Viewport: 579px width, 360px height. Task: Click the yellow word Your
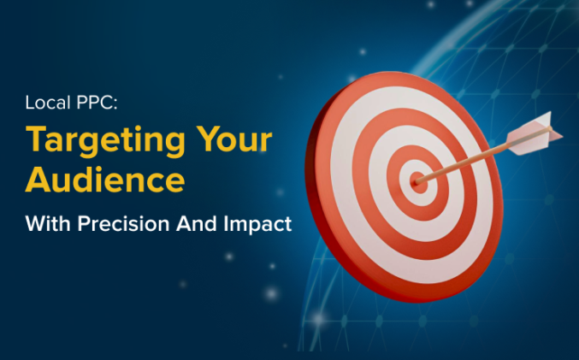[x=235, y=139]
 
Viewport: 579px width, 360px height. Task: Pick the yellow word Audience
[x=104, y=180]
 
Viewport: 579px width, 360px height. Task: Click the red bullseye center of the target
[x=417, y=180]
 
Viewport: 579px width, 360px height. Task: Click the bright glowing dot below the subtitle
[x=271, y=293]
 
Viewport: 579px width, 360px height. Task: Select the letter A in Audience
[x=38, y=180]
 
